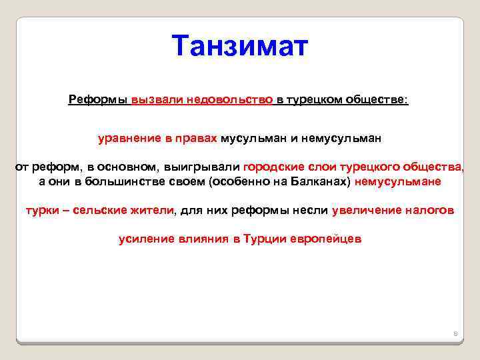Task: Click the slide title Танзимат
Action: click(x=240, y=47)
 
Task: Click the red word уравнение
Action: click(x=123, y=138)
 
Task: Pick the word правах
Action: click(x=199, y=138)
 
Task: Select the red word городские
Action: click(x=268, y=167)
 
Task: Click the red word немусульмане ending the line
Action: click(x=397, y=181)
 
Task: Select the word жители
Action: click(x=154, y=210)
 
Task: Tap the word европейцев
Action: click(x=326, y=239)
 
